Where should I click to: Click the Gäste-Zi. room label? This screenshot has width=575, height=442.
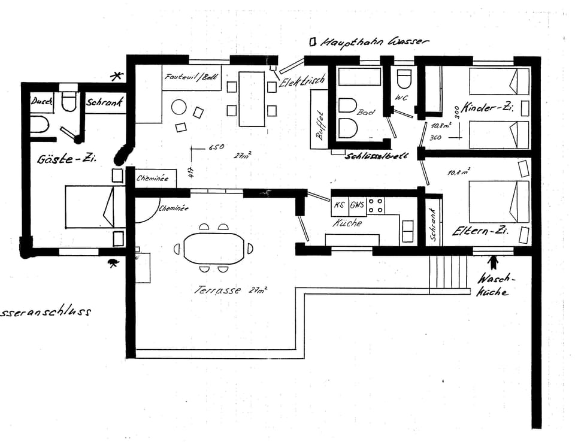pos(67,159)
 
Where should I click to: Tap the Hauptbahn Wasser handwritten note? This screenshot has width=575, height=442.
pos(375,42)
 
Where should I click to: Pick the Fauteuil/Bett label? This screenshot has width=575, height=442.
pos(192,77)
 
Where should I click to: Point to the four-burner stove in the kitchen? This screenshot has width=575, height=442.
pos(376,205)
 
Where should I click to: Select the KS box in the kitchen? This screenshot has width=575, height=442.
pos(340,204)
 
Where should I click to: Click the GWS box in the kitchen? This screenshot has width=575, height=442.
pos(357,204)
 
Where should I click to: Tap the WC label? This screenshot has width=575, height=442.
pos(401,98)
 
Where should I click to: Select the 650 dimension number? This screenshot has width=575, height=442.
pos(216,147)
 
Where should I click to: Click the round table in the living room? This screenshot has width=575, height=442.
pos(179,107)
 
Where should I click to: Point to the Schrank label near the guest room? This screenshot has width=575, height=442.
pos(105,102)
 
